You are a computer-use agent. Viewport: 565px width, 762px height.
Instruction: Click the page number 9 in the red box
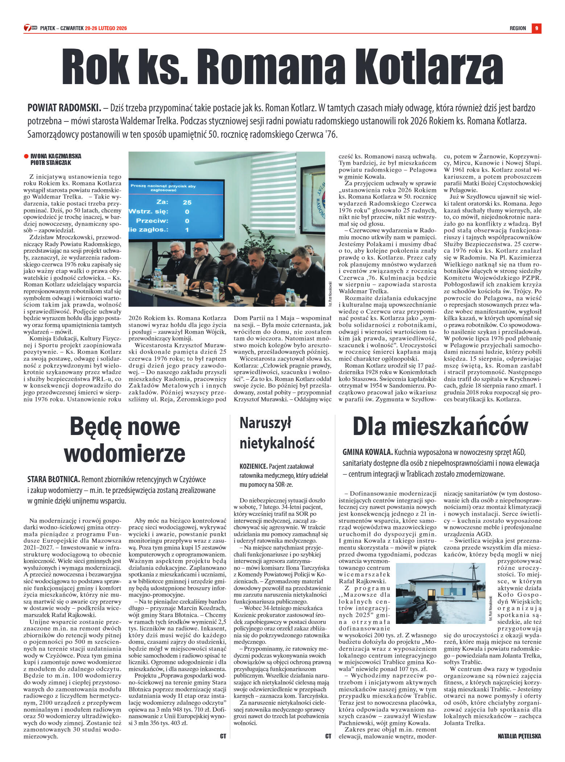tap(536, 28)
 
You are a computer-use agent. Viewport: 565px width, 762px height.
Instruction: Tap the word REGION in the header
tap(517, 28)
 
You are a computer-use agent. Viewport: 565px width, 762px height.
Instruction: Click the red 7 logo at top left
tap(27, 28)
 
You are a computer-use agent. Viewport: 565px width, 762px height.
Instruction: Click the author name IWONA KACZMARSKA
tap(56, 156)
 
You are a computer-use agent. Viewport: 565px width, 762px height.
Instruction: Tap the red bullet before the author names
tap(26, 156)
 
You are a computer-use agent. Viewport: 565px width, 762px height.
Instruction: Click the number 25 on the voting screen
tap(187, 202)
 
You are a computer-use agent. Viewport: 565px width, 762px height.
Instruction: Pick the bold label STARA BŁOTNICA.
tap(54, 480)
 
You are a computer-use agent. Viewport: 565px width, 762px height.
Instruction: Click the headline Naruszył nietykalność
tap(277, 433)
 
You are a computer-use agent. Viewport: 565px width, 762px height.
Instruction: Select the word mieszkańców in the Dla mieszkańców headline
tap(461, 426)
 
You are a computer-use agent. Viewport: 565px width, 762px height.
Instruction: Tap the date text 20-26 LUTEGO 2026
tap(106, 28)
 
